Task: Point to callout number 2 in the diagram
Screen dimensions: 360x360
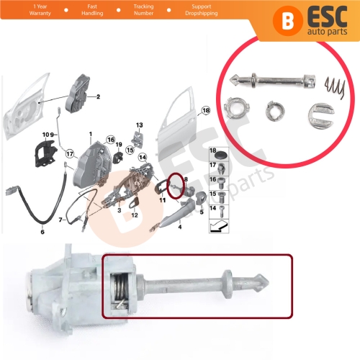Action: [98, 96]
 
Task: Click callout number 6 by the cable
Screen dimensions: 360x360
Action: [42, 232]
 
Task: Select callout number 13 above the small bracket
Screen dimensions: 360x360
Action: [140, 125]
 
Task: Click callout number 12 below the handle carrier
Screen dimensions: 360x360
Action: [134, 215]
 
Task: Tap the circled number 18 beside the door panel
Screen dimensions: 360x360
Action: [206, 111]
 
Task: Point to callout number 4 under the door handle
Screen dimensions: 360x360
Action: [179, 228]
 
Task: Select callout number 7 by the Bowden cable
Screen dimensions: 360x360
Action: [61, 219]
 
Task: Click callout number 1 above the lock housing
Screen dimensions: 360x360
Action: [91, 135]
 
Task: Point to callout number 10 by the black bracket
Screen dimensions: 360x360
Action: [45, 135]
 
